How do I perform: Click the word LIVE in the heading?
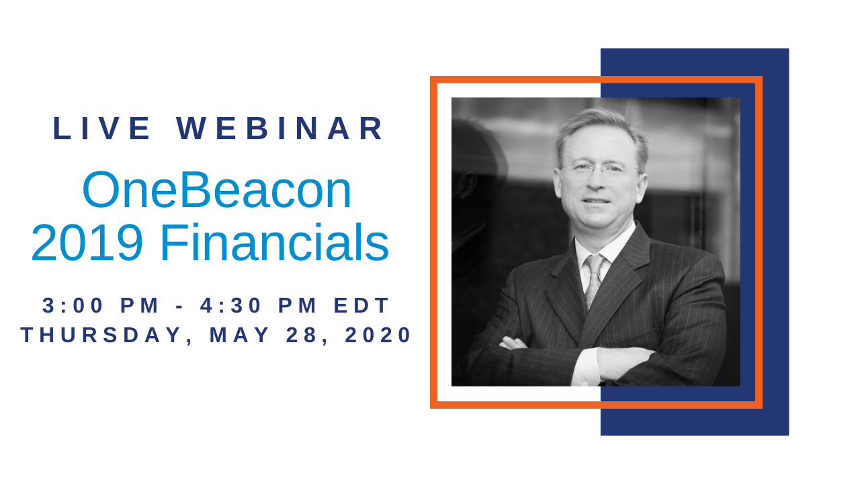click(101, 128)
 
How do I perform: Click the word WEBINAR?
click(279, 128)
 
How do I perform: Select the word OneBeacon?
click(217, 190)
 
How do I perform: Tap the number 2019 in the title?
click(87, 243)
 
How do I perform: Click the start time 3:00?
click(73, 305)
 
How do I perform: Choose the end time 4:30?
click(230, 305)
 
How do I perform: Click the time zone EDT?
click(361, 305)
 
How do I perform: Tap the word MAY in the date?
click(239, 335)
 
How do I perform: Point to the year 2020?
click(378, 335)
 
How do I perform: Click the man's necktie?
click(595, 280)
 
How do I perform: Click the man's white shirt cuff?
click(586, 366)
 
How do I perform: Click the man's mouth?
click(596, 201)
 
